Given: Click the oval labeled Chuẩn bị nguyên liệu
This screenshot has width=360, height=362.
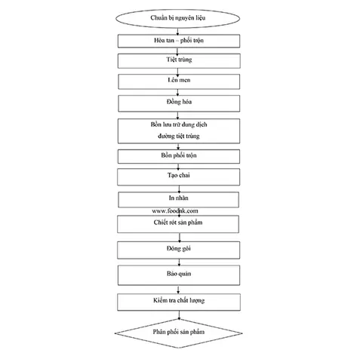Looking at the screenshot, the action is coord(177,18).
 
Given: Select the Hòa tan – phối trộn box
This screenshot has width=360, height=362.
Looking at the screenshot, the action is coord(179,41).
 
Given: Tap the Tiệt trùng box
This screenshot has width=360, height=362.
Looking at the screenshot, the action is coord(179,60).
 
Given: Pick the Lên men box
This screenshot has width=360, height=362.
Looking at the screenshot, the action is coord(179,81).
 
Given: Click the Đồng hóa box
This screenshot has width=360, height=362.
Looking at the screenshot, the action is coord(179,103).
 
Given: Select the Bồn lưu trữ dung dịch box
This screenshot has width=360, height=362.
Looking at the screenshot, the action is coord(179,131).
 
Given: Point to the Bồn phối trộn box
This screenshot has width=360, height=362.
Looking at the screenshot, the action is coord(179,156).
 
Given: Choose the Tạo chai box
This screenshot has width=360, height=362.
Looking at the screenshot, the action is coord(178,177).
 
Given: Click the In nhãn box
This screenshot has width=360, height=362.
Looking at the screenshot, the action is coord(178,200).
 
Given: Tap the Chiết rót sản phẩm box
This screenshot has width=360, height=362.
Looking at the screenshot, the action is coord(178,224).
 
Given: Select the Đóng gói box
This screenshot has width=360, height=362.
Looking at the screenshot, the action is coord(178,250).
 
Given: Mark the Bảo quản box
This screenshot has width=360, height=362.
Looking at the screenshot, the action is coord(179,275).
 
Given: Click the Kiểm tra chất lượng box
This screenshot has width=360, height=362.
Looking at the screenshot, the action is coord(179,302).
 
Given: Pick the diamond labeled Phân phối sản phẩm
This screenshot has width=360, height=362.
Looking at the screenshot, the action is coord(178,333).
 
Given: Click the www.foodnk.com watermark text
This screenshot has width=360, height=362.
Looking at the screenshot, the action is coord(175,210).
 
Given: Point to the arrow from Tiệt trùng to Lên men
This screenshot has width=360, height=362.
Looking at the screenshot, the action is coord(177,72).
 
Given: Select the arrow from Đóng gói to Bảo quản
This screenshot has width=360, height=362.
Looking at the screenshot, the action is coord(179,262).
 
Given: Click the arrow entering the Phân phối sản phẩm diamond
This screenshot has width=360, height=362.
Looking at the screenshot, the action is coord(179,315).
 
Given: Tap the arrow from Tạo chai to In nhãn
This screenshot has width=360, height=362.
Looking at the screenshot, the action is coord(179,189).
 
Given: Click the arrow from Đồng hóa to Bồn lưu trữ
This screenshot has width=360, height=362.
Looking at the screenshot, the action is coord(177,115).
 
